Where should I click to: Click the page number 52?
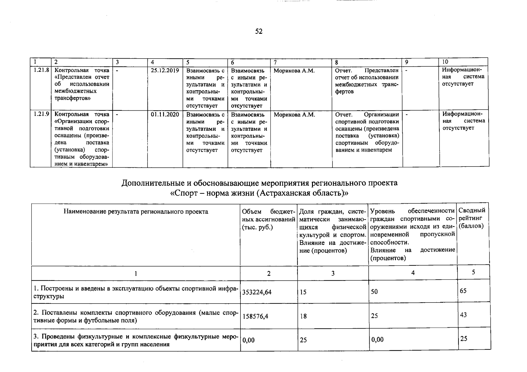pos(259,31)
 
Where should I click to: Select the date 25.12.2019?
pos(165,70)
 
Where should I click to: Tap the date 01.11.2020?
pos(165,114)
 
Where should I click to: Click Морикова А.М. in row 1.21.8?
pos(294,71)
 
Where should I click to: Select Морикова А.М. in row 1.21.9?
pos(294,115)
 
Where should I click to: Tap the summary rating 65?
pos(463,291)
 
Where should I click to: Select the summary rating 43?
pos(463,315)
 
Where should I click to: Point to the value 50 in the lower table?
pos(374,292)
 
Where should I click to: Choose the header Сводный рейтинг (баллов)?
pos(472,218)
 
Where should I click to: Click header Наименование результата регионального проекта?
pos(136,212)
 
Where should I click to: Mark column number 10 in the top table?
pos(445,62)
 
